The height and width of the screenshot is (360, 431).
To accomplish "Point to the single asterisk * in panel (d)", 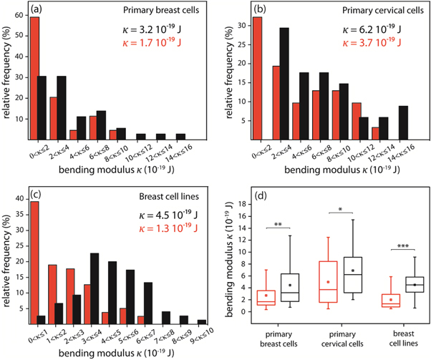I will point(339,210).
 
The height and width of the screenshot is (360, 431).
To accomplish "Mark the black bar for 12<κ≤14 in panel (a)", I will point(180,137).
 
